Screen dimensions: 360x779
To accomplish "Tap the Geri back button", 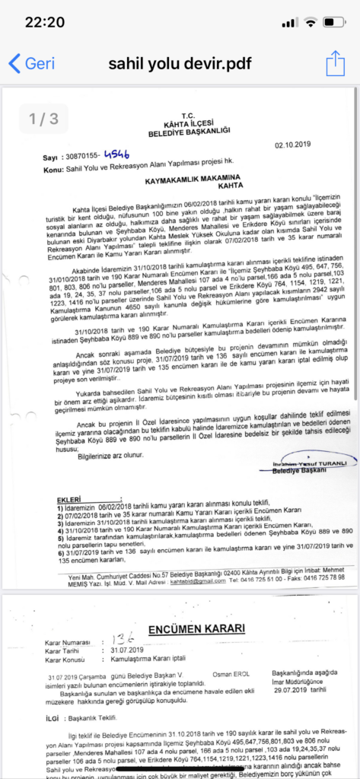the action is click(32, 63).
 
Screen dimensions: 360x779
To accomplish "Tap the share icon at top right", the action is click(336, 63).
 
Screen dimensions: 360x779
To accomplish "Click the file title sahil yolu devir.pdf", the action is click(180, 63).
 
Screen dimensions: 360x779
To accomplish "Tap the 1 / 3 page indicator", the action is click(43, 119).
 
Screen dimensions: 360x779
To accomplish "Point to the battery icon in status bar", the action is click(334, 22).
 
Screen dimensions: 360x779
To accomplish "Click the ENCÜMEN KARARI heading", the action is click(196, 628).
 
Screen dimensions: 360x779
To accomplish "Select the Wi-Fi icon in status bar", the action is click(310, 22).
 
